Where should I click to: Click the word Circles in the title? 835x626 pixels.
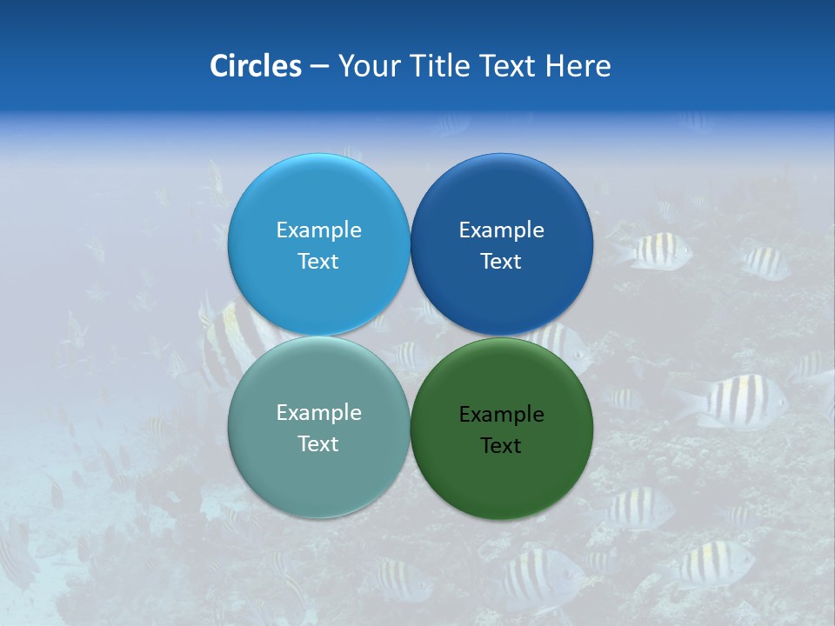pos(255,66)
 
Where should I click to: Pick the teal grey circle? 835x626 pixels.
pos(318,475)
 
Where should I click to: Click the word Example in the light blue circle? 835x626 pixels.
pos(318,230)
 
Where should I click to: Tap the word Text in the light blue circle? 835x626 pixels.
pos(318,261)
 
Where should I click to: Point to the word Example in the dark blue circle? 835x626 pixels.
pos(501,230)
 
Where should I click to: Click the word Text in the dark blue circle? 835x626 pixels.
pos(501,261)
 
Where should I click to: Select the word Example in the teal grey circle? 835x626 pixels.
pos(318,412)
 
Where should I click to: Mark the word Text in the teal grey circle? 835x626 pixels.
pos(318,443)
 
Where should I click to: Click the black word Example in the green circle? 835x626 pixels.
pos(501,414)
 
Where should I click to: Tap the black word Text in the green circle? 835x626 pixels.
pos(501,445)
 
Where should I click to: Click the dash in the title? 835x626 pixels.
pos(319,67)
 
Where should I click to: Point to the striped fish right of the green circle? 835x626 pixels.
pos(735,403)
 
